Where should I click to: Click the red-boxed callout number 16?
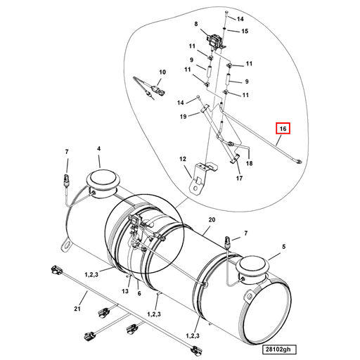coord(282,129)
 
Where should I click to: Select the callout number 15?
coord(245,32)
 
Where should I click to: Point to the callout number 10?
coord(162,72)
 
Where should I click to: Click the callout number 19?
coord(183,116)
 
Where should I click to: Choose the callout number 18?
coord(249,162)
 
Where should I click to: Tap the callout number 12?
coord(181,160)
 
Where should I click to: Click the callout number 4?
coord(98,149)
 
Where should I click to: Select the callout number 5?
coord(284,247)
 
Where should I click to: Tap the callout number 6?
coord(139,294)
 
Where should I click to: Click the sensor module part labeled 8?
coord(214,40)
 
